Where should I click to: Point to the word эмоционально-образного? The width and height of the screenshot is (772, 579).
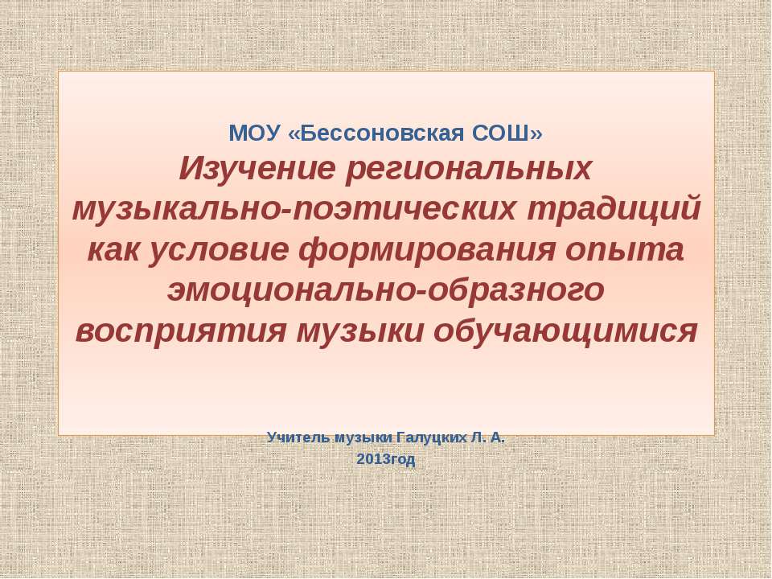385,289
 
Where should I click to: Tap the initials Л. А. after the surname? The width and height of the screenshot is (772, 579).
488,437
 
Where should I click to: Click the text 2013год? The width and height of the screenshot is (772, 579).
385,460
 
